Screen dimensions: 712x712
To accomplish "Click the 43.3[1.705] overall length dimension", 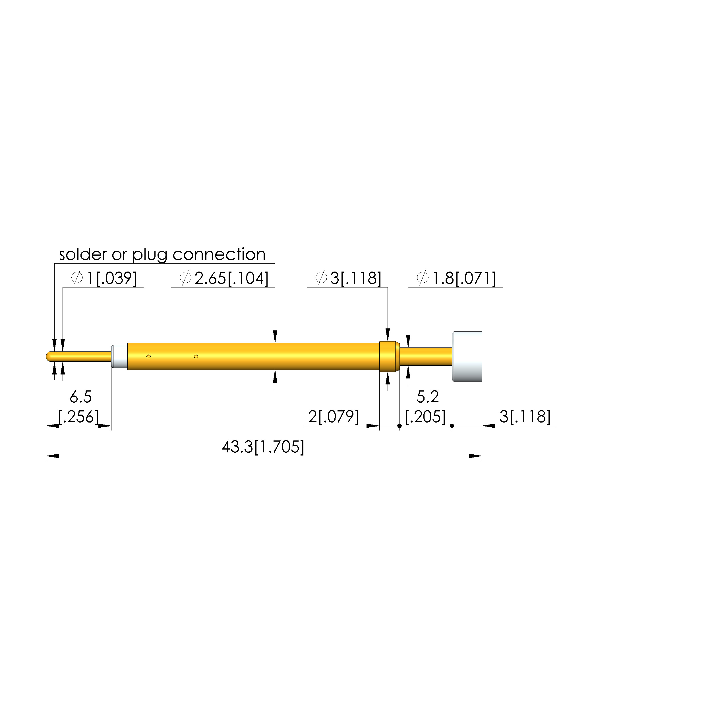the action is coord(263,447).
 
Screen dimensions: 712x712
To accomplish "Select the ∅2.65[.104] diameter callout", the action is coord(224,278).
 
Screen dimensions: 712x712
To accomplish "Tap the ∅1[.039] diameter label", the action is coord(104,278).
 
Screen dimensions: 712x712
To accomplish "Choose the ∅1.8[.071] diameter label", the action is coord(456,278).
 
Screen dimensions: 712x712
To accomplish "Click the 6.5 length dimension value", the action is coord(81,397).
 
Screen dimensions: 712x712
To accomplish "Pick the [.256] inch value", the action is coord(79,417).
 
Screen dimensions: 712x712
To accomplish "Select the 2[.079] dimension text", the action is coord(334,417).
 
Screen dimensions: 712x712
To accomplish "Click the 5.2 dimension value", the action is coord(427,397).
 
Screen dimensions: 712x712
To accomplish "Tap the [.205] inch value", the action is coord(425,417).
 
